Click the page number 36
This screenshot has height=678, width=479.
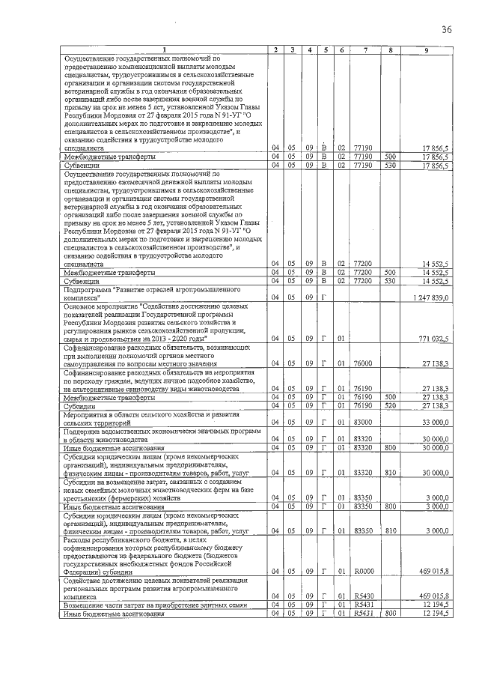tap(446, 29)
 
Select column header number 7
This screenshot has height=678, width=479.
tap(364, 49)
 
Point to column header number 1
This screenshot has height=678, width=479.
tap(165, 49)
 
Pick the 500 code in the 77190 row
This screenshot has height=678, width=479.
tap(389, 157)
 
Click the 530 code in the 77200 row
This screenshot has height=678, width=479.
tap(389, 281)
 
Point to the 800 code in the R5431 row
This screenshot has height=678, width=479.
tap(389, 614)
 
